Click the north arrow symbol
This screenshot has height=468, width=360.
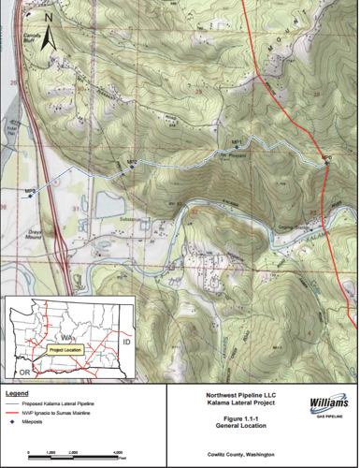[x=50, y=35]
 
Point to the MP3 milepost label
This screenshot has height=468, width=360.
[x=31, y=190]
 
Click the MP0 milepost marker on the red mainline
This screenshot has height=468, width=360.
[x=326, y=160]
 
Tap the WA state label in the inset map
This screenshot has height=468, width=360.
[x=67, y=334]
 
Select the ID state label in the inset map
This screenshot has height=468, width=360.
[x=124, y=344]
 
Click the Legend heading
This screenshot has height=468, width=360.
[x=19, y=393]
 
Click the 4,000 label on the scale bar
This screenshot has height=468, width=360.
[x=120, y=452]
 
